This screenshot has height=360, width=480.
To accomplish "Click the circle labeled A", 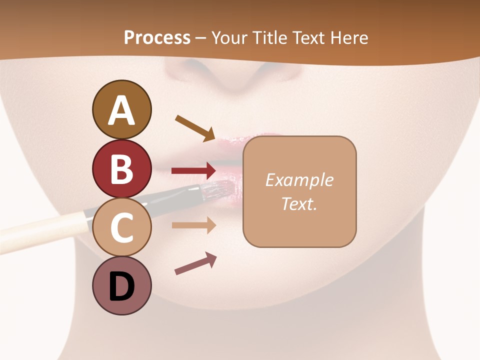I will click(121, 109).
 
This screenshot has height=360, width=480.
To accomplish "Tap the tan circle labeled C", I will click(121, 227).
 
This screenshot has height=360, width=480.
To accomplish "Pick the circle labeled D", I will click(121, 285).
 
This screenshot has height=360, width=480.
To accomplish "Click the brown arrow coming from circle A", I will click(195, 127).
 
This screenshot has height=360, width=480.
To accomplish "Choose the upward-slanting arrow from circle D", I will click(195, 264).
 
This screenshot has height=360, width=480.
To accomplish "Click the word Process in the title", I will click(157, 37).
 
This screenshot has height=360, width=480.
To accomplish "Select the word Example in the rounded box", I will click(299, 180).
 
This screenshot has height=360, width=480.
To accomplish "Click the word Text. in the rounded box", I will click(299, 203).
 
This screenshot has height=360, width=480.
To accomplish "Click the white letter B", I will click(121, 168).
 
